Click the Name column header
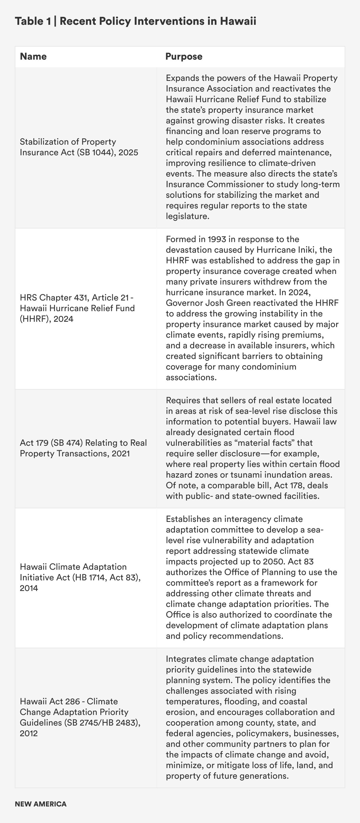click(33, 57)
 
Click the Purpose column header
click(184, 57)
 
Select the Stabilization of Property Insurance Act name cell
click(79, 147)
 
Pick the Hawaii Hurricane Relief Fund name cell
click(77, 308)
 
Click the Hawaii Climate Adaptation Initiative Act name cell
click(80, 577)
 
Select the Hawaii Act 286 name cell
click(80, 717)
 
